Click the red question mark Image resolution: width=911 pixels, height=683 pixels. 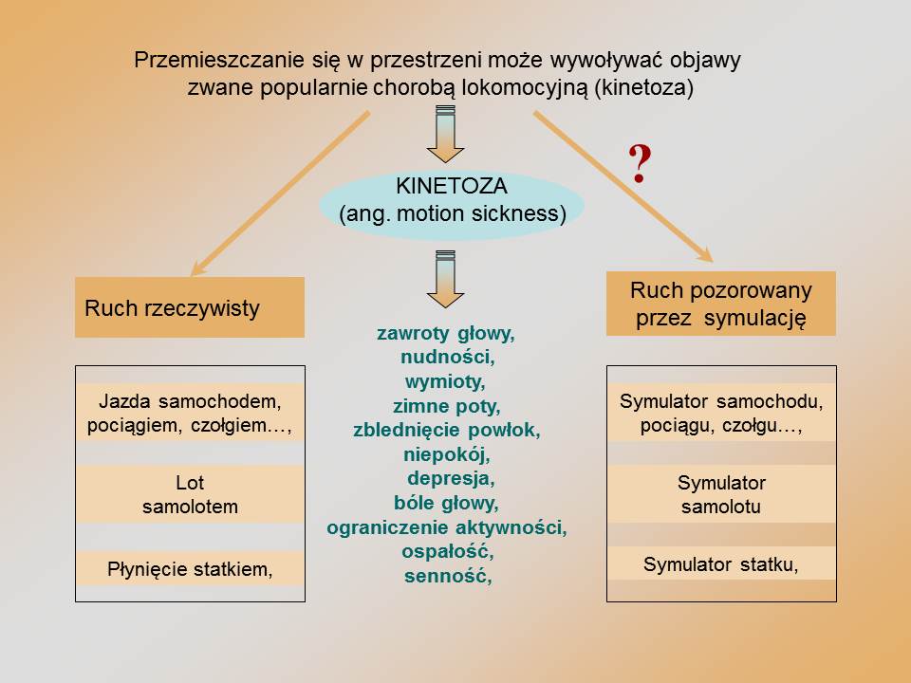click(640, 164)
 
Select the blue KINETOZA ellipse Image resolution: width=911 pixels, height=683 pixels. click(452, 201)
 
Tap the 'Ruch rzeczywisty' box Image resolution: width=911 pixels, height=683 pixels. click(190, 307)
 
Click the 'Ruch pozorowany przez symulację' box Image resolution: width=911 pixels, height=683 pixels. click(721, 304)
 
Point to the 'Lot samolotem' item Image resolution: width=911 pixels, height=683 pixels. click(190, 494)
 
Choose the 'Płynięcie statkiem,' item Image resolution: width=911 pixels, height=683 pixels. click(190, 569)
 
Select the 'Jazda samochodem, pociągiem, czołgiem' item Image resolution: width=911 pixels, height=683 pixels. click(190, 413)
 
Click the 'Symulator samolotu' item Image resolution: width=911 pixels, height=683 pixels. click(721, 494)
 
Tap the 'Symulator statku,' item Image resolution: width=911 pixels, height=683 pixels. click(721, 563)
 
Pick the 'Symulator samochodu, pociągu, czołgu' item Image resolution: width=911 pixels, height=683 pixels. click(721, 413)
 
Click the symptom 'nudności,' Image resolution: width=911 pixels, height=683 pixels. click(447, 359)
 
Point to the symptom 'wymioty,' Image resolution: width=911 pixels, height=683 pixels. click(445, 383)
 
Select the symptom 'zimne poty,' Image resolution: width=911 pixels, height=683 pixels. click(446, 407)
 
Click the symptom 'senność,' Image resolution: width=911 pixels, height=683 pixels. click(447, 575)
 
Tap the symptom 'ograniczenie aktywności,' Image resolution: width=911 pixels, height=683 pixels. click(447, 527)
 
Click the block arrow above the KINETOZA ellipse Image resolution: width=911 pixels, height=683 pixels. click(444, 133)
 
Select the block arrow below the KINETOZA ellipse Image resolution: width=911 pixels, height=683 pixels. click(444, 278)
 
